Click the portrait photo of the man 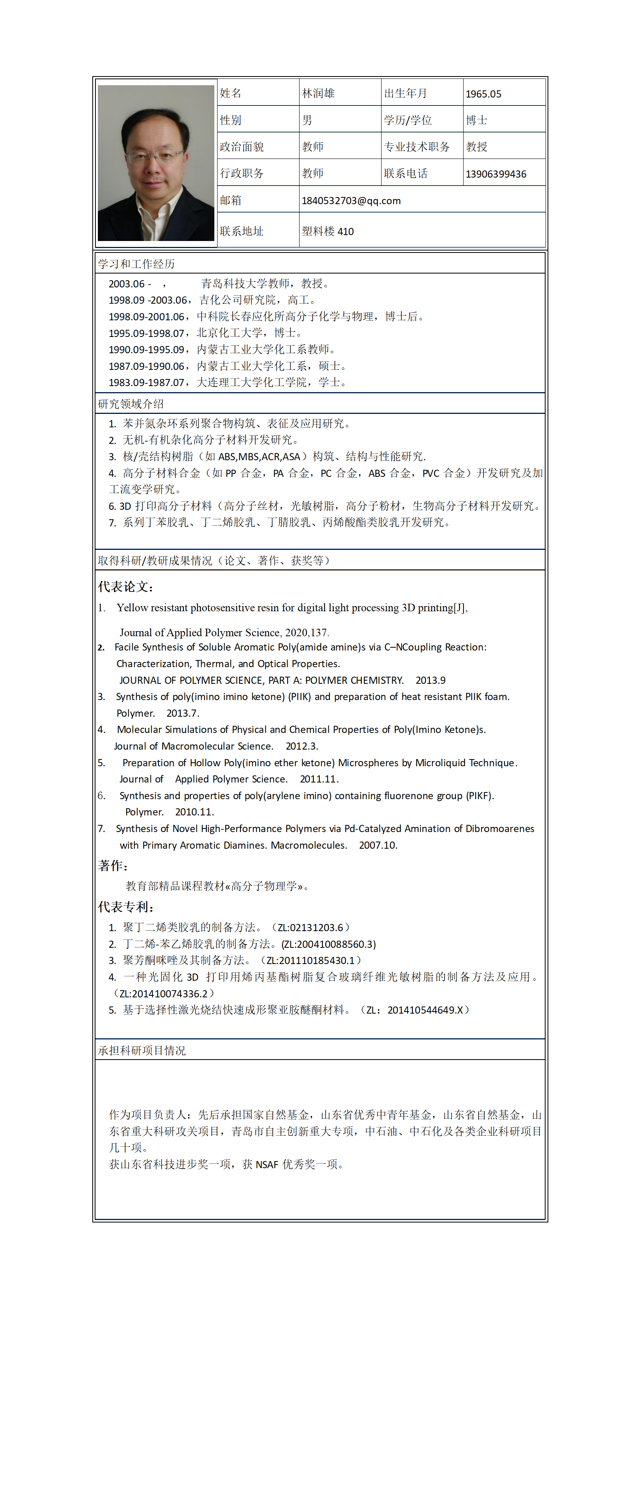[155, 163]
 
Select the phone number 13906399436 [496, 174]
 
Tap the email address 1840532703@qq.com [351, 201]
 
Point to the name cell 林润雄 [319, 93]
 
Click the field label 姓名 [231, 93]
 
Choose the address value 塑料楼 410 [328, 231]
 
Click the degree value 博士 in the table [477, 121]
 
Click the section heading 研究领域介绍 [131, 404]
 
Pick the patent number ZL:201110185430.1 [310, 960]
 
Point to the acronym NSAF [267, 1164]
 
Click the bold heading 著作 [113, 866]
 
